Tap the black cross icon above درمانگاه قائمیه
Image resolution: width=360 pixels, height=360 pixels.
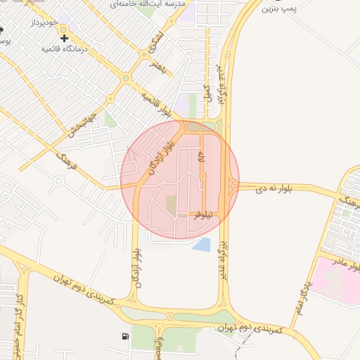click(65, 37)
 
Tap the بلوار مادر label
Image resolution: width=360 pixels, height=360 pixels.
click(349, 259)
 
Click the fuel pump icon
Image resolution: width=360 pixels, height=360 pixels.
click(125, 337)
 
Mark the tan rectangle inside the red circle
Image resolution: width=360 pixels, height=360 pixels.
click(171, 206)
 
